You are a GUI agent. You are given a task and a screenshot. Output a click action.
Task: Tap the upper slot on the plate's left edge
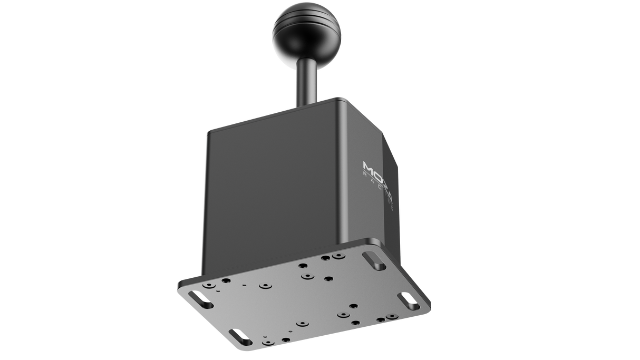click(x=203, y=303)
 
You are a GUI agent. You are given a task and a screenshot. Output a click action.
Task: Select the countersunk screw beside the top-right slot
click(x=336, y=257)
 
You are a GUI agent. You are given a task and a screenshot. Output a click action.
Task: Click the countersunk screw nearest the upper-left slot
click(x=224, y=281)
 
